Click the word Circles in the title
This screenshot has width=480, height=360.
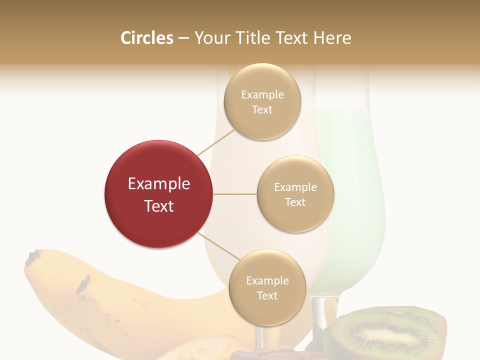146,38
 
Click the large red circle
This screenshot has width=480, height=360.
158,194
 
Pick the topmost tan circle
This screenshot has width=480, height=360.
262,101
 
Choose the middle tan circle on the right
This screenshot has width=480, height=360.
295,194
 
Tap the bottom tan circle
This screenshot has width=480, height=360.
267,287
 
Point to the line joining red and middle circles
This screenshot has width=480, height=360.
234,194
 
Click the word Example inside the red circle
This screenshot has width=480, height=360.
158,184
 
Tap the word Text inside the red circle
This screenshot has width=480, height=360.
158,206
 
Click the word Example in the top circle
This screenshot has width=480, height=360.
262,95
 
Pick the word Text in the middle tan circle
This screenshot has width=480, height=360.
295,202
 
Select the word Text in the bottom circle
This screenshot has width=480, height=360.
267,295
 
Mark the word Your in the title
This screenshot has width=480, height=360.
210,38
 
